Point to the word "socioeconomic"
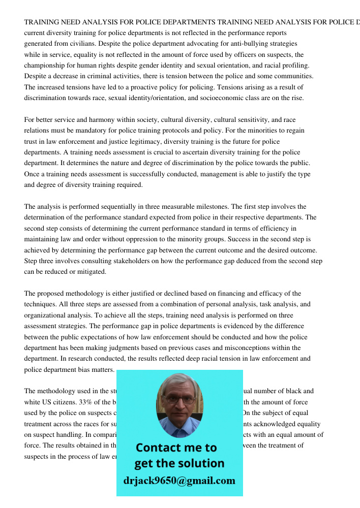click(227, 98)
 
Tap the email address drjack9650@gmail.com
click(179, 481)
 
